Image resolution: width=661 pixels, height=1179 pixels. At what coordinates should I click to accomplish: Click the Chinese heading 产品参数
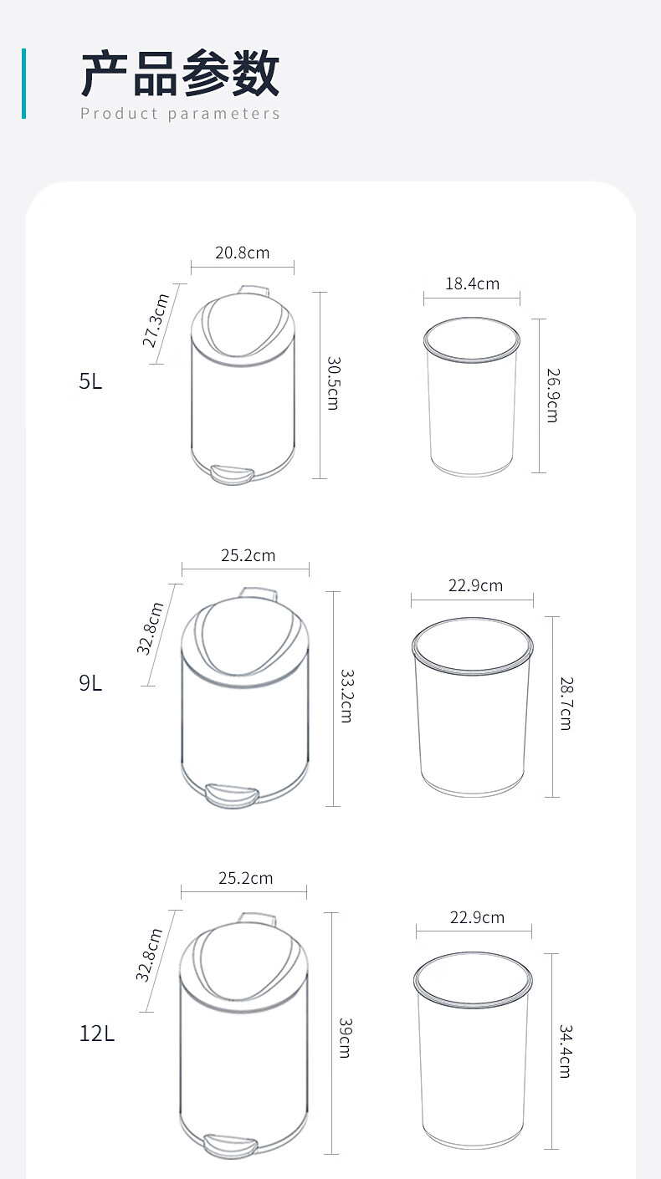[x=180, y=74]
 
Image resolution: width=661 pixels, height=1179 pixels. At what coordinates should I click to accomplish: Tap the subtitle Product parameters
[x=180, y=114]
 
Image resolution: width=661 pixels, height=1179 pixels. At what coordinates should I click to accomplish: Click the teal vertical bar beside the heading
[x=23, y=83]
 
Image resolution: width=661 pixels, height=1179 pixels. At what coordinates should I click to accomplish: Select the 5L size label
[x=90, y=382]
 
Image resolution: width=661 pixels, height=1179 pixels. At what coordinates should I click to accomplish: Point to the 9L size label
[x=90, y=683]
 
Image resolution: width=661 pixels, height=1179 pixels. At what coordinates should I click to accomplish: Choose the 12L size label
[x=97, y=1034]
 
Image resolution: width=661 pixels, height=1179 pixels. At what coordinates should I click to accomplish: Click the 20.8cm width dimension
[x=243, y=253]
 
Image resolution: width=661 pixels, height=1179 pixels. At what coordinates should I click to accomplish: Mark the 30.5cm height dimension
[x=332, y=383]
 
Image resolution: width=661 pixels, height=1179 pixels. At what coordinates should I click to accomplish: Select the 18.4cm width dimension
[x=472, y=283]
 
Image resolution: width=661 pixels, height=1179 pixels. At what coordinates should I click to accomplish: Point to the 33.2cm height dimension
[x=346, y=696]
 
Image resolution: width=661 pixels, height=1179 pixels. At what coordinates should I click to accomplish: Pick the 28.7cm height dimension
[x=566, y=704]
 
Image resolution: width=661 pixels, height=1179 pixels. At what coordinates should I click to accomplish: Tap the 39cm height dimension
[x=344, y=1038]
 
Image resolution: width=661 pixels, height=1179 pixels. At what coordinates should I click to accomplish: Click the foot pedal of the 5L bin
[x=231, y=474]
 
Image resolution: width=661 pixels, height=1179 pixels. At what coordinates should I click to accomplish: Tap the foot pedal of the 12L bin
[x=230, y=1146]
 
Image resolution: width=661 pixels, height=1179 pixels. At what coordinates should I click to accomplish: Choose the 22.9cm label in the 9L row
[x=475, y=585]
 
